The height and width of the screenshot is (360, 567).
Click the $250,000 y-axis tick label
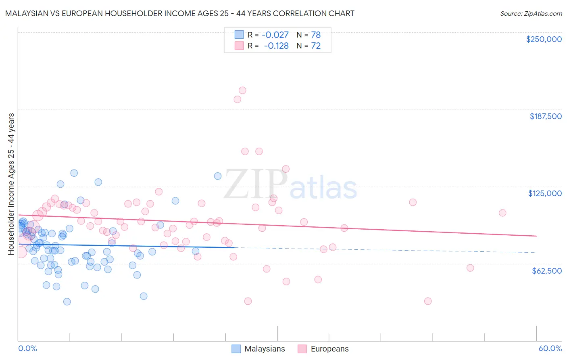tap(544, 39)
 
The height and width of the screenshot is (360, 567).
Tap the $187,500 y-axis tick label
tap(545, 116)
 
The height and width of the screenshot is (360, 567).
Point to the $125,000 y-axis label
tap(545, 193)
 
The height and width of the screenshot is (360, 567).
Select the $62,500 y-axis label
tap(546, 271)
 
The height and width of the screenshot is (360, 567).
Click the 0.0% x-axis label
tap(27, 348)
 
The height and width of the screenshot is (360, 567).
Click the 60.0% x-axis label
tap(550, 348)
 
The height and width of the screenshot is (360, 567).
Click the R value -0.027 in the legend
tap(275, 35)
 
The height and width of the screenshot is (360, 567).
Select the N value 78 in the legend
tap(316, 35)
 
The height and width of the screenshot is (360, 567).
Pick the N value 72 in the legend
tap(316, 46)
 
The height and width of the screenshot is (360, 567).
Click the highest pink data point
tap(242, 90)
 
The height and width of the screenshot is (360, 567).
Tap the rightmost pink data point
tap(502, 213)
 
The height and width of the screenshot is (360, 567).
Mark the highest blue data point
tap(74, 173)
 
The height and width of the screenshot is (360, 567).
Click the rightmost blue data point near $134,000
tap(218, 176)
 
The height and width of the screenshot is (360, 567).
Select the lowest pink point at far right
tap(428, 301)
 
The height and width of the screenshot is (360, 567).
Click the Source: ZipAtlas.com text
tap(531, 13)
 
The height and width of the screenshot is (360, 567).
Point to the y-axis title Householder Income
tap(11, 184)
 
